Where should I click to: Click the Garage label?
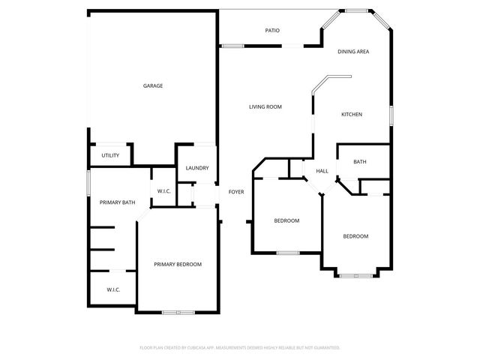coord(153,85)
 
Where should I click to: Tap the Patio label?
coord(272,31)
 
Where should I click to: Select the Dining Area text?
coord(352,52)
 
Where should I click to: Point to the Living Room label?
coord(265,107)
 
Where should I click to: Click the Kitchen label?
coord(352,115)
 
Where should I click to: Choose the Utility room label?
coord(110,155)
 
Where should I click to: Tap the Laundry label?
coord(197,168)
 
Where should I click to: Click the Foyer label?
coord(236,192)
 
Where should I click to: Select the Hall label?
coord(322,171)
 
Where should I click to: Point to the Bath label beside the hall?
coord(360,162)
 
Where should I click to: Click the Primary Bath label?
coord(118,202)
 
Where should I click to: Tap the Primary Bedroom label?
coord(178,264)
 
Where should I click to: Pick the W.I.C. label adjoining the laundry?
coord(163,191)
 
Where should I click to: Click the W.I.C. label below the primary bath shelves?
coord(113,289)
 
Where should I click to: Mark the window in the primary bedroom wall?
coord(178,312)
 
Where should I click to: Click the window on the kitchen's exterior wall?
coord(391,115)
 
